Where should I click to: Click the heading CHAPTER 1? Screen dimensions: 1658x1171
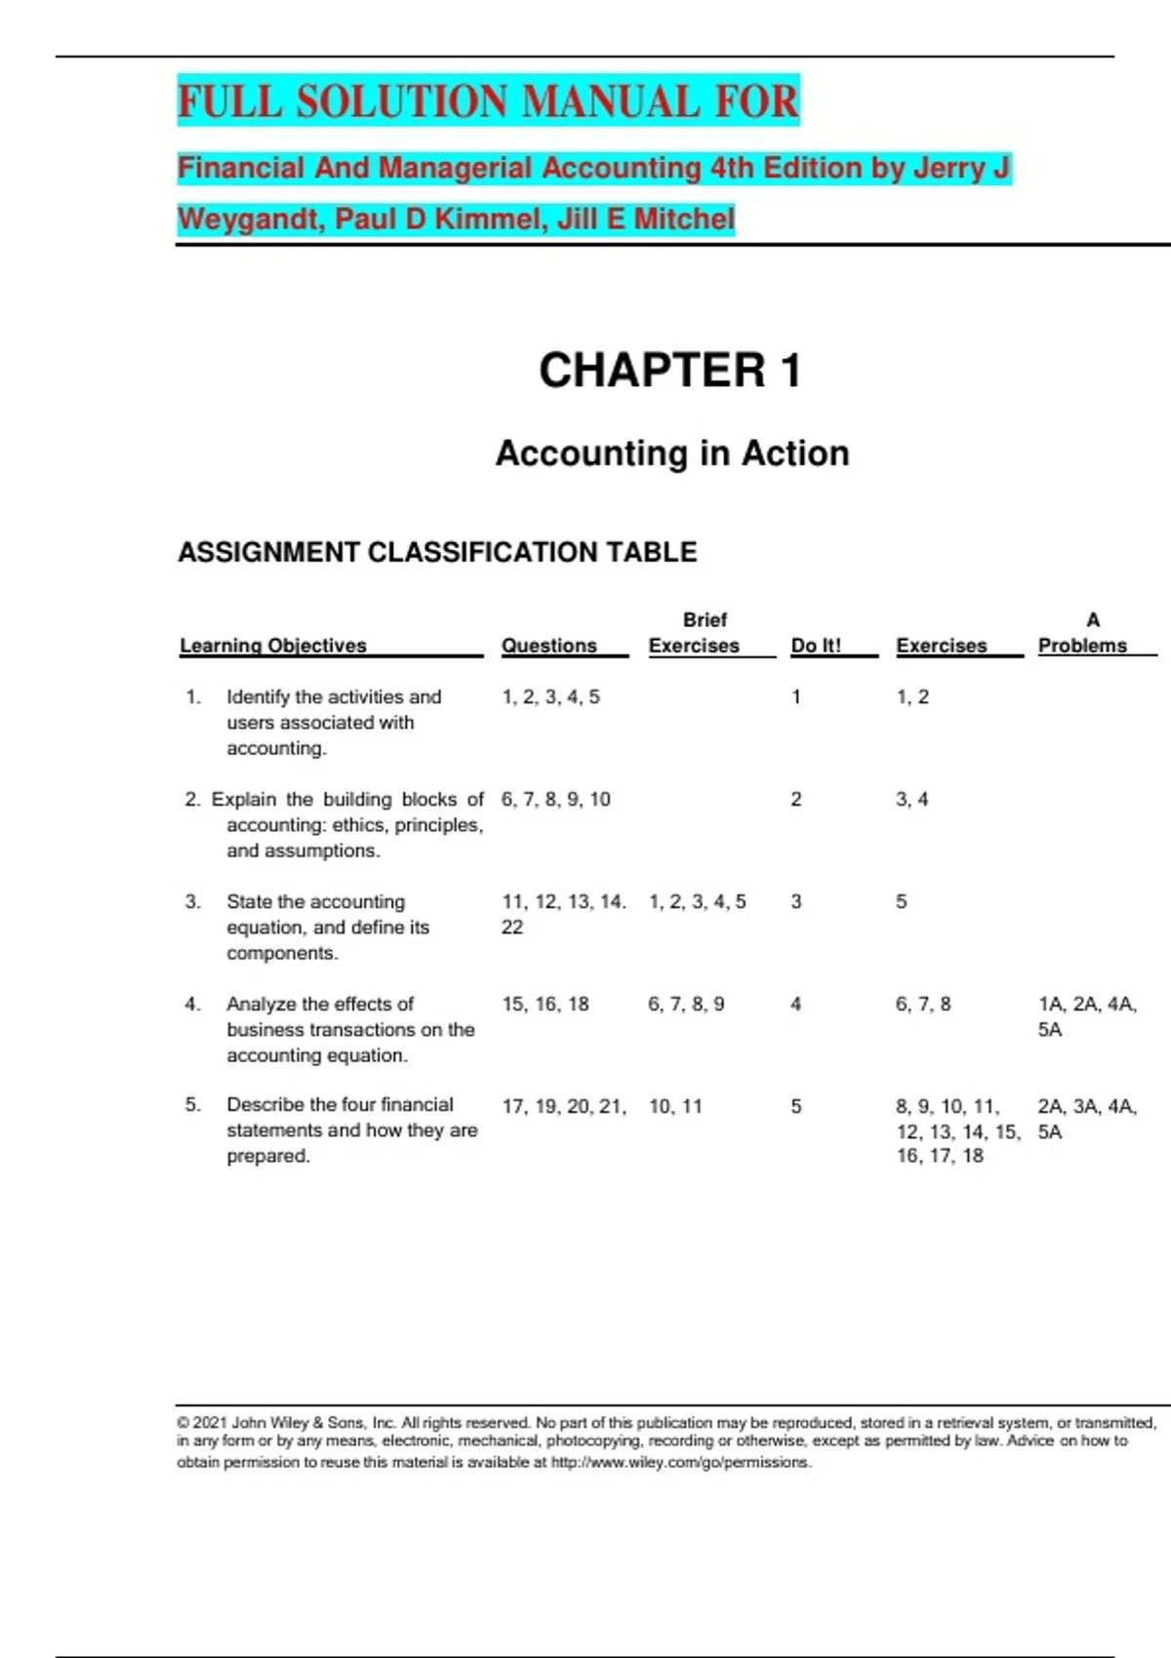pyautogui.click(x=669, y=371)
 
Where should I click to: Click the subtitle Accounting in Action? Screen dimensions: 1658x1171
pyautogui.click(x=672, y=454)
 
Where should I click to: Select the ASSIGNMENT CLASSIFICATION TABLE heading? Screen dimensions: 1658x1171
pyautogui.click(x=437, y=552)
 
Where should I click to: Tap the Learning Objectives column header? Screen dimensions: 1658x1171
pyautogui.click(x=273, y=646)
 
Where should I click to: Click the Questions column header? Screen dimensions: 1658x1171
pyautogui.click(x=548, y=646)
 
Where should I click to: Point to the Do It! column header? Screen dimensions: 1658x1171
pyautogui.click(x=816, y=646)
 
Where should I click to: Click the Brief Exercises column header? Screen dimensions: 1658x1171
pyautogui.click(x=694, y=634)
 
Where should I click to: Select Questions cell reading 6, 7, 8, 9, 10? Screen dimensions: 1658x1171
pyautogui.click(x=555, y=800)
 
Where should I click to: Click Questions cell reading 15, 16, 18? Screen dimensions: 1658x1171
pyautogui.click(x=545, y=1005)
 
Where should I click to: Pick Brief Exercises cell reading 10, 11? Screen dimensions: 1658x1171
pyautogui.click(x=675, y=1107)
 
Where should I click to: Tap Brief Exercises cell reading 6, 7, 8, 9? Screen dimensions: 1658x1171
pyautogui.click(x=686, y=1005)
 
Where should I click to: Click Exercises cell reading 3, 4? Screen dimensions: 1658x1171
pyautogui.click(x=912, y=800)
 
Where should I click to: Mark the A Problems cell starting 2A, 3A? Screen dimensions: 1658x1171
pyautogui.click(x=1086, y=1119)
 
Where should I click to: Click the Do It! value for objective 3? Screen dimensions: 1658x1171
pyautogui.click(x=796, y=902)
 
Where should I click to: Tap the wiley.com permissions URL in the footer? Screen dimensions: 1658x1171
pyautogui.click(x=680, y=1463)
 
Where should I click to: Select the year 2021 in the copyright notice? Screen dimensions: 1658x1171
pyautogui.click(x=209, y=1423)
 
